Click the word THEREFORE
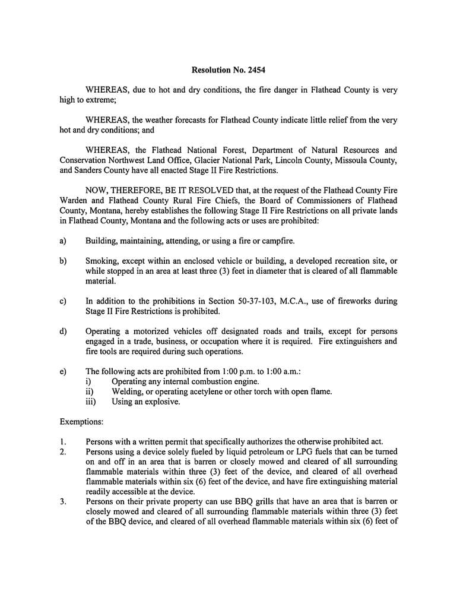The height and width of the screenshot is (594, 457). click(x=137, y=191)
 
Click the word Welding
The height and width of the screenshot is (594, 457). click(x=128, y=391)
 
